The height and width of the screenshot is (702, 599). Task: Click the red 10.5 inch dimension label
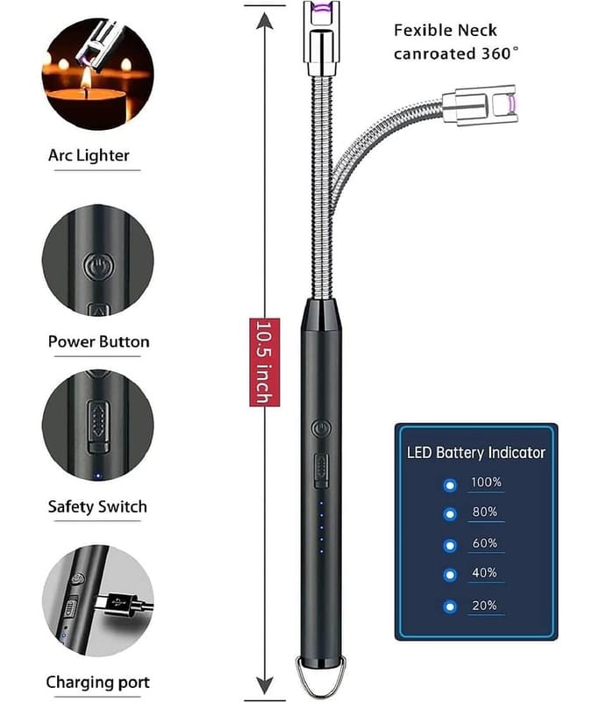pos(264,362)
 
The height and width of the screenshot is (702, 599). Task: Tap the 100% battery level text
pos(486,482)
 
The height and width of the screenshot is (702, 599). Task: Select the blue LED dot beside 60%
pos(450,545)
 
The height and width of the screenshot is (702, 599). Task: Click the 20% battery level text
pos(484,605)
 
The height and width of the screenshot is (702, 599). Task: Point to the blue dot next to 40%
pos(450,575)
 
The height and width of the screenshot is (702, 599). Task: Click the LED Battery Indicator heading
pos(476,452)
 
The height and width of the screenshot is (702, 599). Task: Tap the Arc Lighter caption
pos(89,155)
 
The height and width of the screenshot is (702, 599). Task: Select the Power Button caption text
pos(98,341)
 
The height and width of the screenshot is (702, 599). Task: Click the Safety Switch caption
pos(97,506)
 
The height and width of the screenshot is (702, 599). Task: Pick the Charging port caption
pos(97,683)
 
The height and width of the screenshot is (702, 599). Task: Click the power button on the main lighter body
pos(321,429)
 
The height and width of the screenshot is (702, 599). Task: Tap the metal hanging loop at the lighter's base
pos(321,678)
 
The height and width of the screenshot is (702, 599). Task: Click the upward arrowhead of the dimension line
pos(265,20)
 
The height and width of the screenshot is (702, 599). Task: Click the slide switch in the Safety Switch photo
pos(98,426)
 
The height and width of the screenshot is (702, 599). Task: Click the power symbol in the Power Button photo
pos(98,268)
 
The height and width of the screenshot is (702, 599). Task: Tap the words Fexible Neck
pos(446,31)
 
